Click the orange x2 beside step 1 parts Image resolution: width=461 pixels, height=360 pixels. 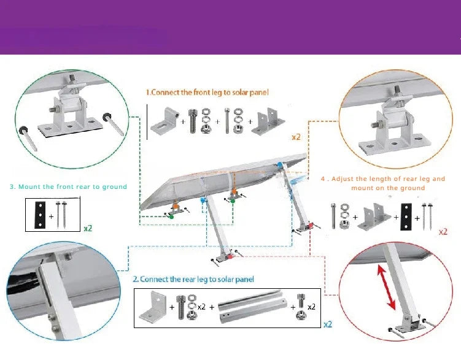(x=296, y=137)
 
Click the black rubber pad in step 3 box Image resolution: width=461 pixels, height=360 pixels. (x=40, y=214)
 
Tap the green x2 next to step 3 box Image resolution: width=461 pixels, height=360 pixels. (x=88, y=228)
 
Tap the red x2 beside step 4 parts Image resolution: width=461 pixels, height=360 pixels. (x=443, y=232)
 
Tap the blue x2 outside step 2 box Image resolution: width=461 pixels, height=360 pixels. (x=328, y=324)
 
